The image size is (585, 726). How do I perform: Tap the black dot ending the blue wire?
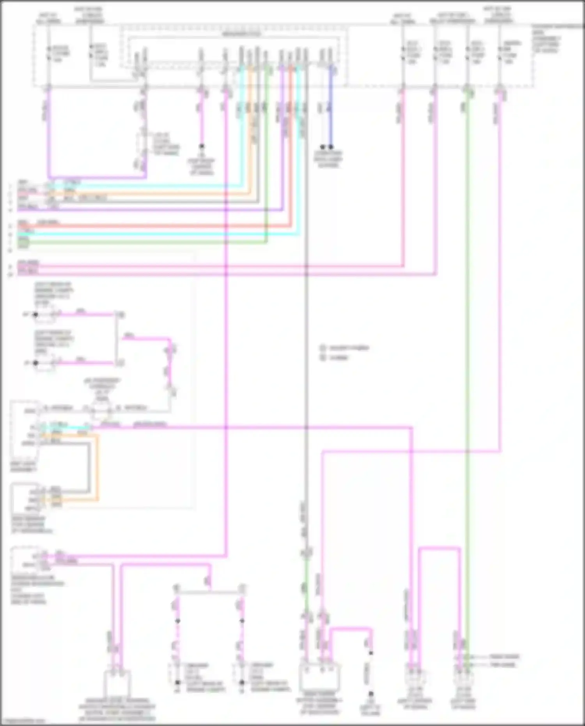331,147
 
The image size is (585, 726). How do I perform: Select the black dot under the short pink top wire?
202,146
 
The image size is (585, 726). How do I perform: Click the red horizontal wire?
156,225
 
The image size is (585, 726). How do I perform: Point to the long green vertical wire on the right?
468,351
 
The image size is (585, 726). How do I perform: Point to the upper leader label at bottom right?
504,657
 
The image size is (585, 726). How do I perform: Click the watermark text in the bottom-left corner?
23,721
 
